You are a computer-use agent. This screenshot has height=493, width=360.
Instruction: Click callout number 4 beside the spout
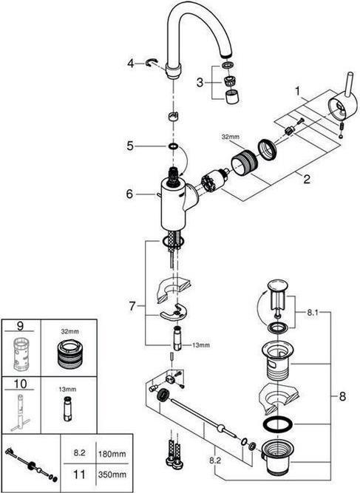(x=130, y=64)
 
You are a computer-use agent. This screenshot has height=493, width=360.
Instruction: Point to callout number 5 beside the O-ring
(x=130, y=146)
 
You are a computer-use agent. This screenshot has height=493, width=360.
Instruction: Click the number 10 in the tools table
(x=19, y=384)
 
